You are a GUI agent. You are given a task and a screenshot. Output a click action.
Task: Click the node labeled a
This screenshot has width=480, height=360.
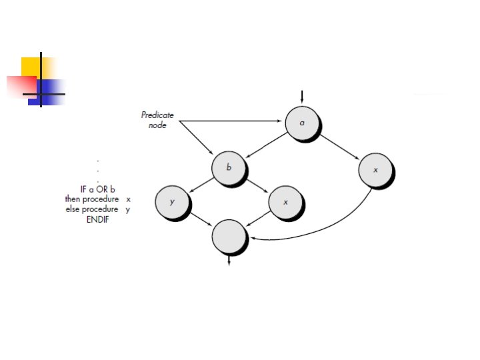[x=302, y=123]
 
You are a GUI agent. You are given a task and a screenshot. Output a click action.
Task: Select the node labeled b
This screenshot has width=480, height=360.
[x=229, y=167]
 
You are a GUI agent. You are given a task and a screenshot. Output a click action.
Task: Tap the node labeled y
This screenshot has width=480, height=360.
[x=172, y=201]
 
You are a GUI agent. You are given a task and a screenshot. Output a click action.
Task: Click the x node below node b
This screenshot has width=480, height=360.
[x=285, y=201]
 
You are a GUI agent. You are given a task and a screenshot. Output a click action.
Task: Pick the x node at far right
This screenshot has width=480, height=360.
[x=375, y=170]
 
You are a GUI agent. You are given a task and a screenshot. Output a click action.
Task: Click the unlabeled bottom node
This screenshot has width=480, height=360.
[x=229, y=237]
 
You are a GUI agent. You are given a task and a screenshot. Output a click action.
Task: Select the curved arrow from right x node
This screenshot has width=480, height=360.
[x=333, y=227]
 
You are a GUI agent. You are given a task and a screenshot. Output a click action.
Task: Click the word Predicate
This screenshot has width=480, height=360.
[x=157, y=115]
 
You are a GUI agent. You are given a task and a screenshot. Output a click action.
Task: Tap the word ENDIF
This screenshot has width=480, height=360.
[x=97, y=219]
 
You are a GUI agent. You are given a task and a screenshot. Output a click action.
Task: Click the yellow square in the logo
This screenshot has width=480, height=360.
[x=31, y=67]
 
